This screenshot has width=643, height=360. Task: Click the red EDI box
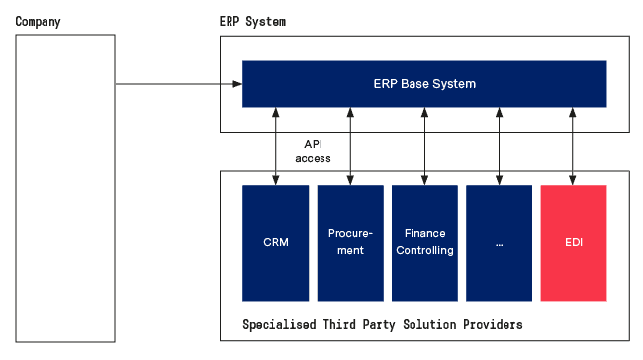[574, 242]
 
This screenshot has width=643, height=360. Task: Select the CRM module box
[276, 242]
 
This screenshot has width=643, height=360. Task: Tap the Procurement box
[350, 242]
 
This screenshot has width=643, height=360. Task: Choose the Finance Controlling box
[424, 242]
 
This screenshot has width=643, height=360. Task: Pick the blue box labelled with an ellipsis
[499, 242]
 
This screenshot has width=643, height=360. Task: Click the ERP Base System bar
[424, 84]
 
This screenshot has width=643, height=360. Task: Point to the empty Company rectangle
[65, 188]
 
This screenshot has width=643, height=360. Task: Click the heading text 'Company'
[39, 21]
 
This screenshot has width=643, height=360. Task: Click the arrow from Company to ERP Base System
[178, 84]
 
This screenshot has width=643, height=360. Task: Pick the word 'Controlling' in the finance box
[424, 250]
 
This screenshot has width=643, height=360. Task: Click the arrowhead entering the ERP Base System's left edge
[237, 84]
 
